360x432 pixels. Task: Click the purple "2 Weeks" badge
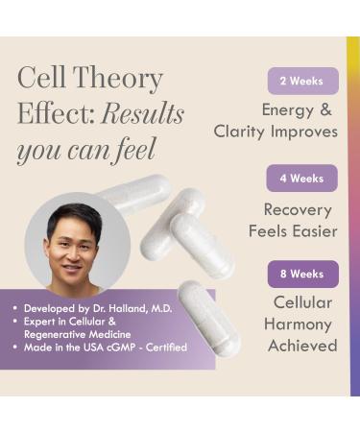click(x=302, y=81)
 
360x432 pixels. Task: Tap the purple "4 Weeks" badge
click(x=302, y=179)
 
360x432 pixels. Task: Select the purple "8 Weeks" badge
click(x=302, y=274)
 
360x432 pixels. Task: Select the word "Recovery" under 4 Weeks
click(x=298, y=209)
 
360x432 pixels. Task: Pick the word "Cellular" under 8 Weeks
click(x=303, y=302)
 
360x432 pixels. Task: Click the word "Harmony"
click(x=299, y=324)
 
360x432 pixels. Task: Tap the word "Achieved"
click(x=302, y=346)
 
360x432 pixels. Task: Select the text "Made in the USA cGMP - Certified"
click(x=106, y=348)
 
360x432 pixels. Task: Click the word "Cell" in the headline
click(x=41, y=79)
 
